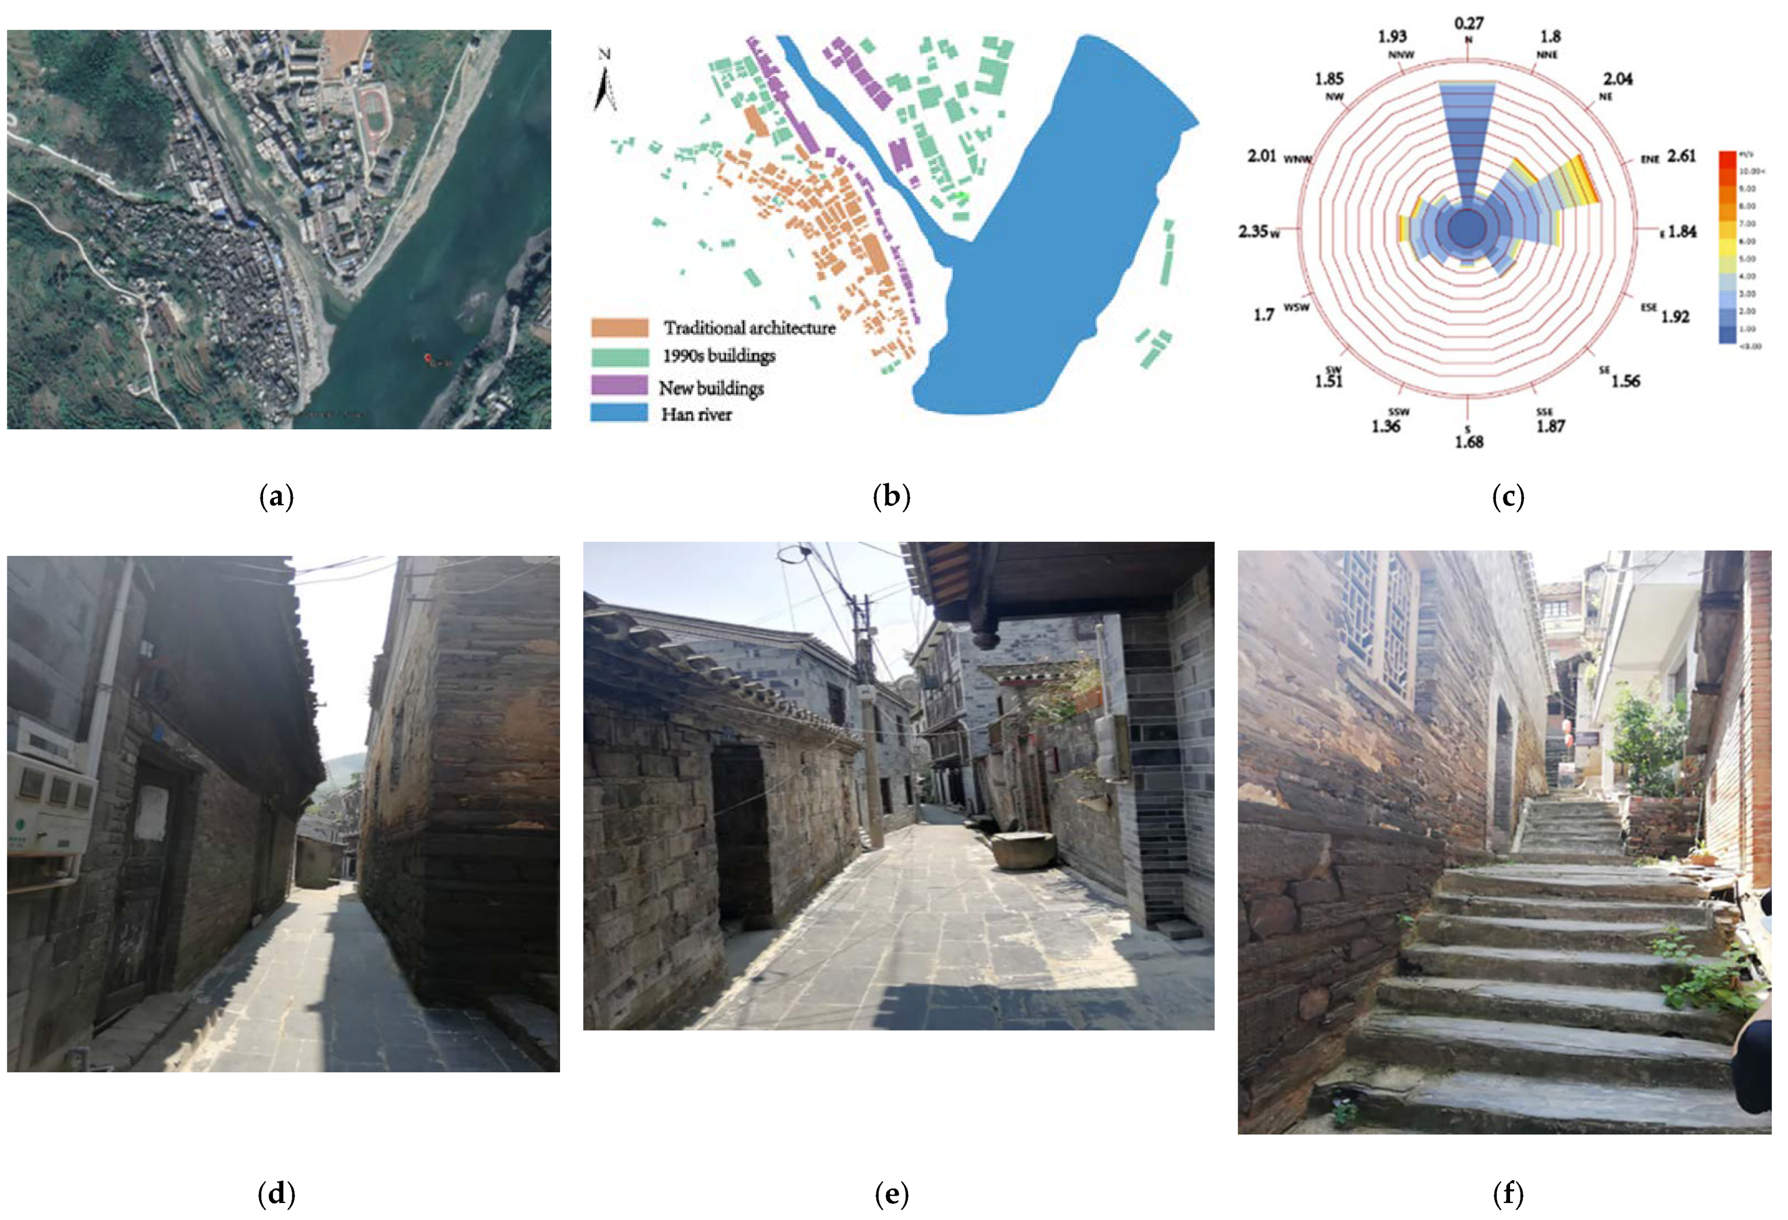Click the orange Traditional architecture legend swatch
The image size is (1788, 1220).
pos(619,327)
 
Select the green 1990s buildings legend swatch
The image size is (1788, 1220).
pos(619,356)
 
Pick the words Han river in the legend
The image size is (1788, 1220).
pos(696,415)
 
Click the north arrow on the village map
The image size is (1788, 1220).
pos(606,81)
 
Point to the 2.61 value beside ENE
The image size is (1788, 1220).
pos(1681,156)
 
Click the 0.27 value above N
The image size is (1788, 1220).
pos(1468,24)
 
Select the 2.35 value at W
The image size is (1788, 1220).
pos(1252,231)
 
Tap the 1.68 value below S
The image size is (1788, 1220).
pos(1468,442)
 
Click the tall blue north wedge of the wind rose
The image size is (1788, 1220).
pos(1467,146)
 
